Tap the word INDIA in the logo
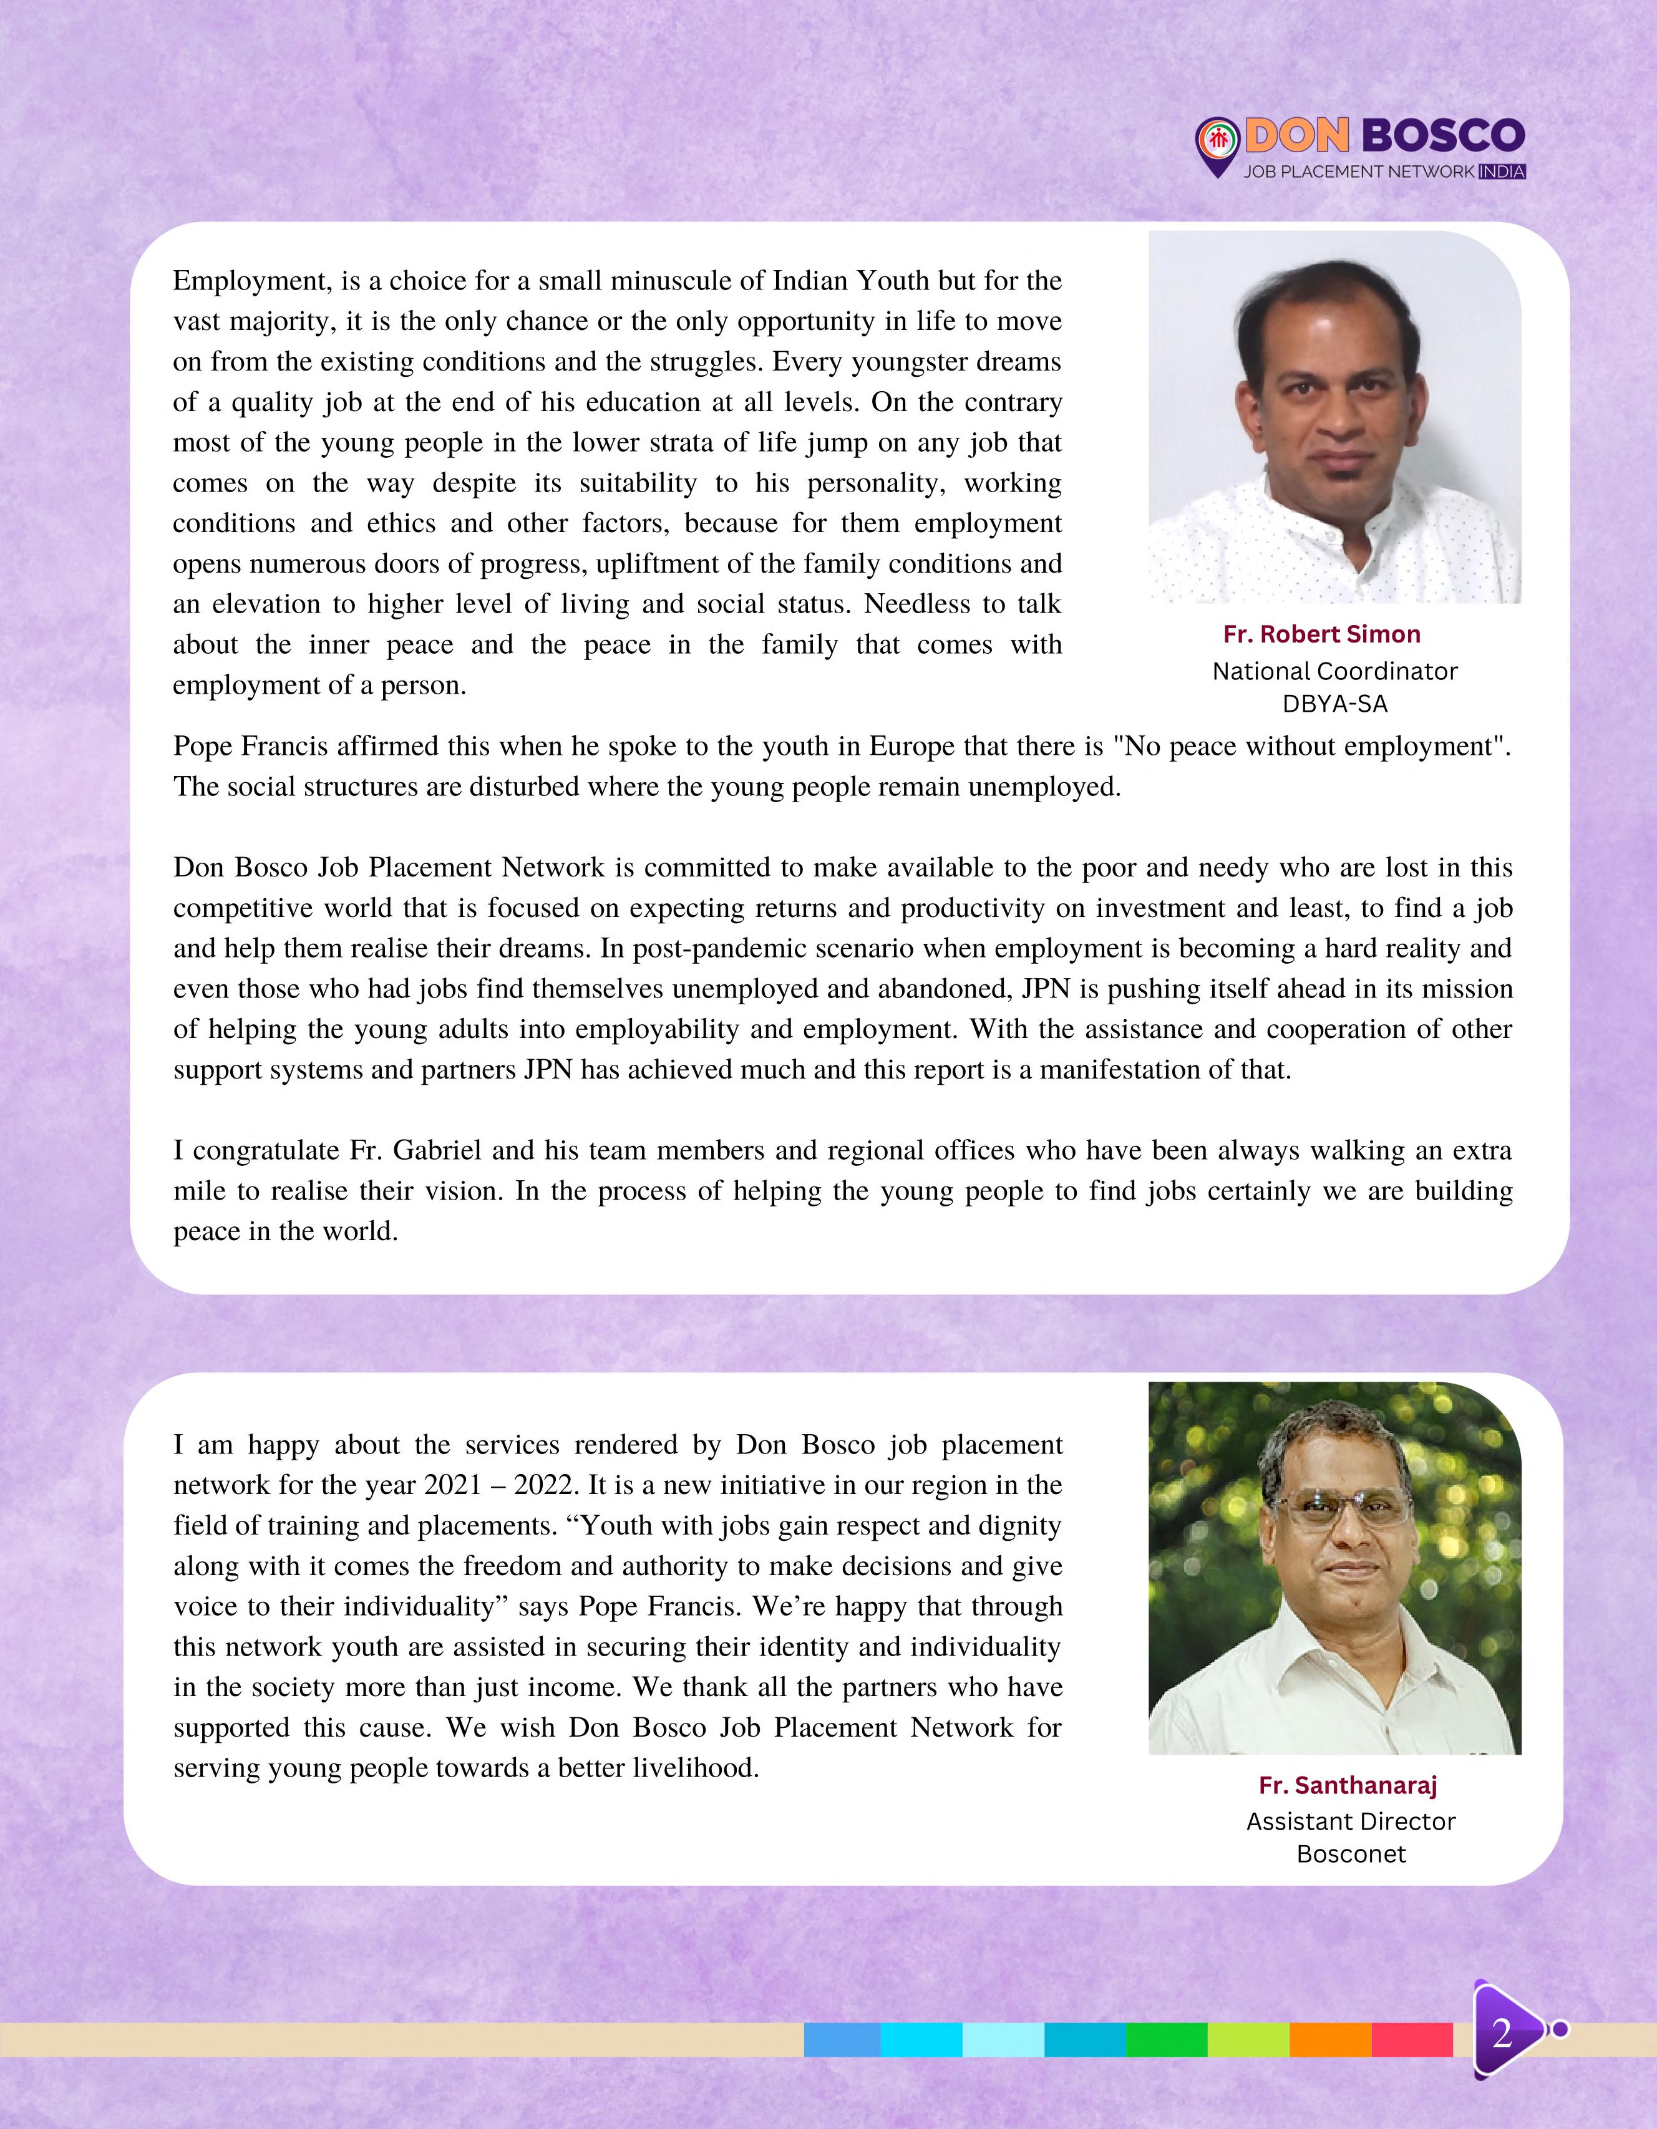1501,172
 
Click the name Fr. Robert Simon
1322,634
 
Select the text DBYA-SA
1334,704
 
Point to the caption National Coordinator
1334,672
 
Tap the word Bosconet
1351,1854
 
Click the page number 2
1501,2034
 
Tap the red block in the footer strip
1411,2039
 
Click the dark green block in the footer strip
1166,2039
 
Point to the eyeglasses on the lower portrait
1342,1516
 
